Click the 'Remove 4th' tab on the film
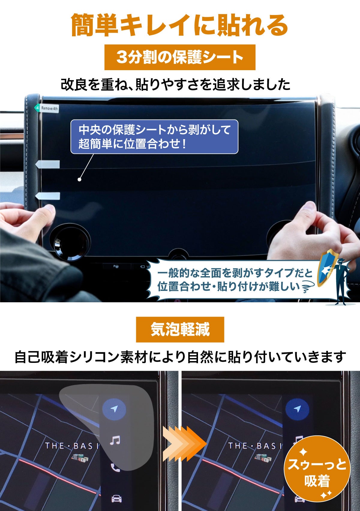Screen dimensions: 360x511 [46, 108]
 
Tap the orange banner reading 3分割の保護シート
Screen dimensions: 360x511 [180, 57]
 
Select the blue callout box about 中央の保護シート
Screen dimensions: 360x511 [154, 137]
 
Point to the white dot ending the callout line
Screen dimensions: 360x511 [79, 180]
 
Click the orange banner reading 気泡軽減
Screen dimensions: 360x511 [180, 329]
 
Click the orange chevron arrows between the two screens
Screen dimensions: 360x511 [184, 444]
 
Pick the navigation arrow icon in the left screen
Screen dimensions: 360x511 [114, 409]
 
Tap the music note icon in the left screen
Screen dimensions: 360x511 [115, 440]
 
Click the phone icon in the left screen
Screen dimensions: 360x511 [115, 468]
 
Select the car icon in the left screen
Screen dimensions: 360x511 [116, 499]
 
